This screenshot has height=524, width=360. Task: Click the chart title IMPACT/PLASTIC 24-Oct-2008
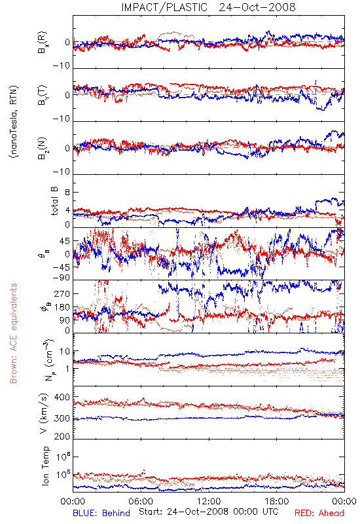point(208,7)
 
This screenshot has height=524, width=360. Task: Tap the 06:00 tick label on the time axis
point(141,501)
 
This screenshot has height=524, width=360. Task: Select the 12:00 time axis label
point(209,501)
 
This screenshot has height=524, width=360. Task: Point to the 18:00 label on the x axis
point(277,501)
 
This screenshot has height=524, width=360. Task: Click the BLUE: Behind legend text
point(101,513)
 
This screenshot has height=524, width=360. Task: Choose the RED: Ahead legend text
point(319,513)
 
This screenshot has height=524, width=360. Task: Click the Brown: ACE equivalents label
point(13,333)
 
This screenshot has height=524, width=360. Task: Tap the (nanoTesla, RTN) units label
point(14,122)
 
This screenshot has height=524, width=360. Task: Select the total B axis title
point(54,201)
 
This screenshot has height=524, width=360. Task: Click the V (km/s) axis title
point(44,413)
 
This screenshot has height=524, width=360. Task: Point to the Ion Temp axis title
point(46,466)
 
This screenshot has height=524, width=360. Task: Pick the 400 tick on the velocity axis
point(62,398)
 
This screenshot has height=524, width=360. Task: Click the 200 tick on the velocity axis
point(62,436)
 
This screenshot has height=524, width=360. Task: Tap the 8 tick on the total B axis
point(67,193)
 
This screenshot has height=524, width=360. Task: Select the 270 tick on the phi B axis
point(62,293)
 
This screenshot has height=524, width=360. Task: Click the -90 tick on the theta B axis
point(61,278)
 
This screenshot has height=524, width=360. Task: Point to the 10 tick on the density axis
point(65,352)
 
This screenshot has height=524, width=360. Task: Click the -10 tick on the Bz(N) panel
point(61,172)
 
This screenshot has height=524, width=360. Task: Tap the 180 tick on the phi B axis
point(62,307)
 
